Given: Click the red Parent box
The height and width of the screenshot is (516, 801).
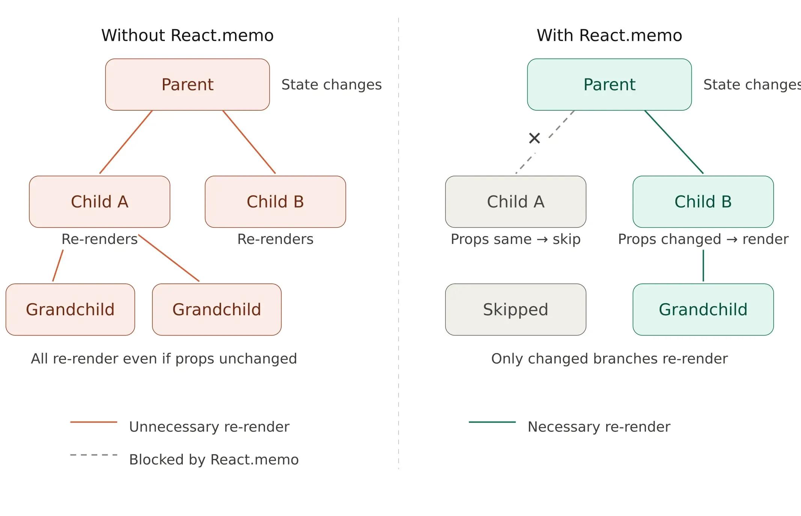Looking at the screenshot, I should [187, 84].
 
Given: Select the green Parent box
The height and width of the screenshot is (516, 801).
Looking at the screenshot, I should [609, 84].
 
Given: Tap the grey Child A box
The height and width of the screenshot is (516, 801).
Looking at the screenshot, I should [515, 202].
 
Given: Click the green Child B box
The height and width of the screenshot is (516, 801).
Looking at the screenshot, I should [703, 202].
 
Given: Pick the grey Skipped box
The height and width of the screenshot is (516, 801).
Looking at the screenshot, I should [515, 309].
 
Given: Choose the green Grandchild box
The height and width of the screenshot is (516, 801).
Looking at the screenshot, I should [703, 309].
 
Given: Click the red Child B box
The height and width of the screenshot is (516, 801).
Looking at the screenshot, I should [275, 202].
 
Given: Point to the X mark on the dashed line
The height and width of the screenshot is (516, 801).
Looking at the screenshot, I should [534, 138].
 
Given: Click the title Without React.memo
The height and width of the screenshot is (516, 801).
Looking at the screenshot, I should [187, 36].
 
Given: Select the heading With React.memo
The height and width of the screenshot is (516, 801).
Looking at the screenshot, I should [609, 36].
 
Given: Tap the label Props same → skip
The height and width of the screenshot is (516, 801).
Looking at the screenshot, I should [515, 239].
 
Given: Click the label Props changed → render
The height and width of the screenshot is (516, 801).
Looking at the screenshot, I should [703, 239].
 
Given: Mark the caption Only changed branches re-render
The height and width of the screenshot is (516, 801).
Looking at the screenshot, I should [609, 358].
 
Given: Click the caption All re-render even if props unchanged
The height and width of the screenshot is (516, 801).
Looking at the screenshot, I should [164, 358].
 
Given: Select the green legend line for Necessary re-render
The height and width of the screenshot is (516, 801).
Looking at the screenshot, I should [492, 422].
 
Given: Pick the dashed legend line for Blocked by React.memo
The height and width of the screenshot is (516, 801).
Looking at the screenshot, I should [93, 454].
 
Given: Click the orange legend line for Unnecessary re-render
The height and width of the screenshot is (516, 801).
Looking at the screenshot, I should [93, 422].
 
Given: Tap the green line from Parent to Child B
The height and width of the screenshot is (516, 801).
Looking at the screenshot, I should [674, 142].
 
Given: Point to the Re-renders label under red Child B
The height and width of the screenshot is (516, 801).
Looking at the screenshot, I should [275, 239].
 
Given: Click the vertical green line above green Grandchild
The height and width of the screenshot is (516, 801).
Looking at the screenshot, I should [703, 265].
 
